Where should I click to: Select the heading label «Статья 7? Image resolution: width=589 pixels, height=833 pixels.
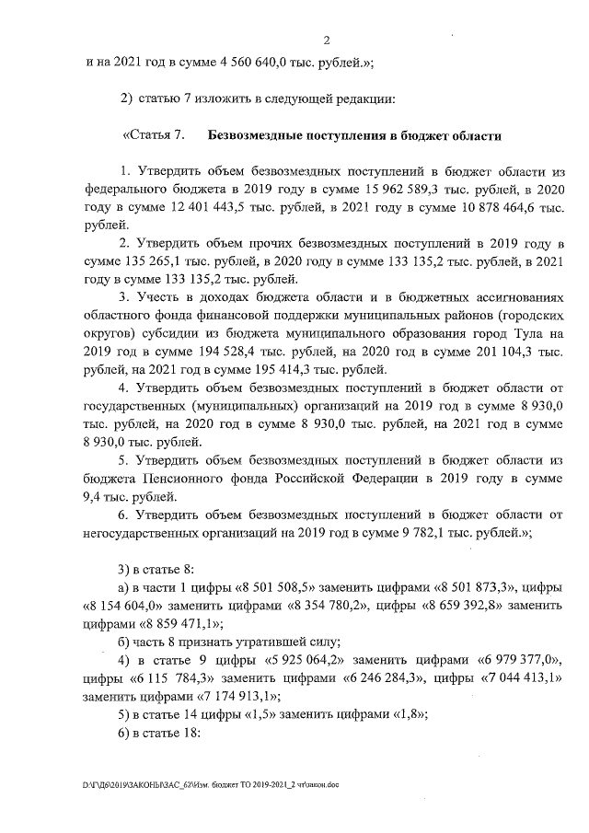click(x=154, y=136)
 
